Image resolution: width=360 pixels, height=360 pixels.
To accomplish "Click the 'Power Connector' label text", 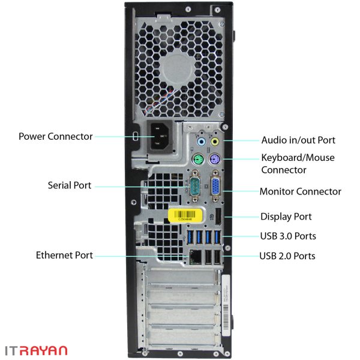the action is tap(56, 136).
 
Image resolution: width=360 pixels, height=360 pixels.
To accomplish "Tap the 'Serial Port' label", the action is tap(70, 185).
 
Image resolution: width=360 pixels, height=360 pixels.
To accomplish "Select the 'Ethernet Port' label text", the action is tap(64, 255).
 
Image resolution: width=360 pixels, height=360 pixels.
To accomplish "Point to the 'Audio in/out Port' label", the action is tap(298, 140).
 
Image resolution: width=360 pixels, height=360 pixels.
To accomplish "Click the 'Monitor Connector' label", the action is tap(301, 191).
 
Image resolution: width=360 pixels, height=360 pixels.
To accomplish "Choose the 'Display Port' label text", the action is tap(286, 217).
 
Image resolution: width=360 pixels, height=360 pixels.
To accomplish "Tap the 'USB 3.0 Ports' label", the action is tap(288, 236).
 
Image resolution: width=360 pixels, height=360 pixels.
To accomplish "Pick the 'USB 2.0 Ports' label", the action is tap(287, 256).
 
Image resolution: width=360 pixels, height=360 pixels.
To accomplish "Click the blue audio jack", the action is tap(202, 142).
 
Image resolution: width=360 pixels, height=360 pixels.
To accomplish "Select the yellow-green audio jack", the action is tap(215, 142).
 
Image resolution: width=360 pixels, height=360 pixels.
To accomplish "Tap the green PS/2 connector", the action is tap(198, 159).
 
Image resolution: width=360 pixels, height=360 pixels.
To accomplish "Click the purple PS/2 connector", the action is tap(215, 159).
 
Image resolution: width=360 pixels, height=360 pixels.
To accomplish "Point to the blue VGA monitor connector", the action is tap(215, 186).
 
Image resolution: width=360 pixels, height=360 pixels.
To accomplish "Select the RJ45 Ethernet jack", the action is tap(196, 257).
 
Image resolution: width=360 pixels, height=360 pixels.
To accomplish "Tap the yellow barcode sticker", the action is tap(185, 215).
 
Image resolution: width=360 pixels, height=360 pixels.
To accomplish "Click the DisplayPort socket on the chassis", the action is tap(218, 217).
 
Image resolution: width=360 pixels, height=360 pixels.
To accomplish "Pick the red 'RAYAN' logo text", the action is tap(44, 350).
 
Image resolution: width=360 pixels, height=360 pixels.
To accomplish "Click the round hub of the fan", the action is tap(178, 70).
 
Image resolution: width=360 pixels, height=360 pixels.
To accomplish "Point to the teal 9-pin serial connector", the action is tap(195, 186).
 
